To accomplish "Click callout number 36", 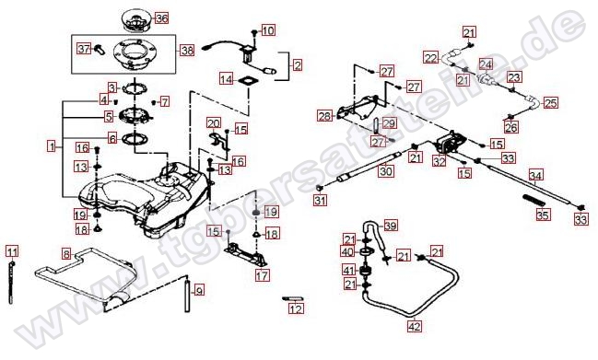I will click(161, 17).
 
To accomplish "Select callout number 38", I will click(186, 50).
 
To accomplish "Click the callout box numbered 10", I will click(268, 30).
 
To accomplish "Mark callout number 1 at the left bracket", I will click(52, 145).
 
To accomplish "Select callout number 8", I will click(66, 252).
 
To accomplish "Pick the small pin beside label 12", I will click(292, 298).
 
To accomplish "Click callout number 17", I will click(263, 274).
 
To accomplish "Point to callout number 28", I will click(323, 116).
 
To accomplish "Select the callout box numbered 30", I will click(385, 171).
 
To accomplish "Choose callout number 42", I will click(414, 324).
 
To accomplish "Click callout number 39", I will click(391, 226).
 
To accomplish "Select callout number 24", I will click(485, 64).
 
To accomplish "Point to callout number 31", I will click(320, 200).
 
